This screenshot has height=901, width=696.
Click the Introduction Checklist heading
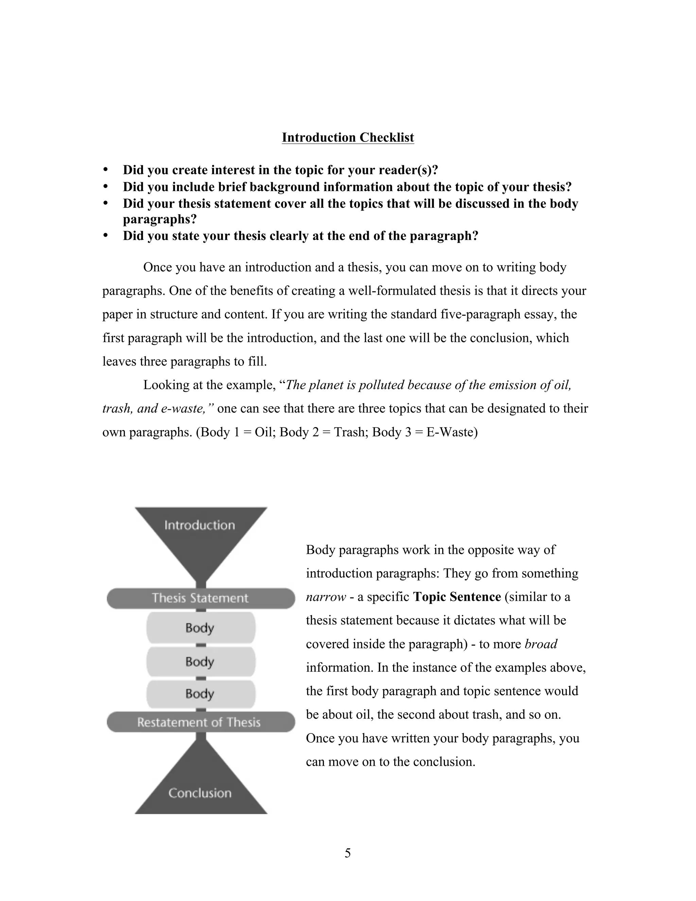tap(348, 137)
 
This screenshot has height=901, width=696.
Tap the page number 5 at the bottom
tap(348, 853)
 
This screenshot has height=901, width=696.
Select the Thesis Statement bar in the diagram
tap(201, 598)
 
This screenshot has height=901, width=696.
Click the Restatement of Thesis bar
tap(201, 722)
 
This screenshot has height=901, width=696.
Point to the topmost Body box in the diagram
tap(201, 628)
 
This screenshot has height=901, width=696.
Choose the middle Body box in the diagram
tap(201, 661)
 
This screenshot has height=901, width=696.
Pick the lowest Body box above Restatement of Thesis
tap(201, 694)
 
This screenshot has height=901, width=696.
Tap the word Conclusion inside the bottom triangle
tap(200, 793)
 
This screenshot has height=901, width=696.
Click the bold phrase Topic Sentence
tap(457, 597)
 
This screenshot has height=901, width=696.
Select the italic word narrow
tap(326, 597)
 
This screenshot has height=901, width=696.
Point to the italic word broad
tap(541, 644)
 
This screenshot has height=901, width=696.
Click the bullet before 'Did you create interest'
tap(106, 170)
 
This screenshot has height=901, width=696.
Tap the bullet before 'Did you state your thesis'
tap(106, 236)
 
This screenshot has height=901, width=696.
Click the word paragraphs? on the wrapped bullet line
tap(160, 219)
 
